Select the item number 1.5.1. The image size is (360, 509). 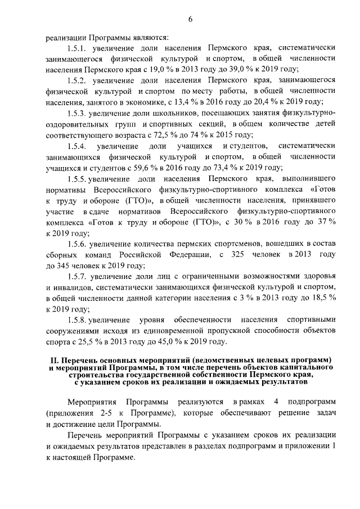(x=78, y=48)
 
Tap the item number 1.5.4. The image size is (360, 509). (x=79, y=146)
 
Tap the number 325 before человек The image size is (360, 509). (x=236, y=254)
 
